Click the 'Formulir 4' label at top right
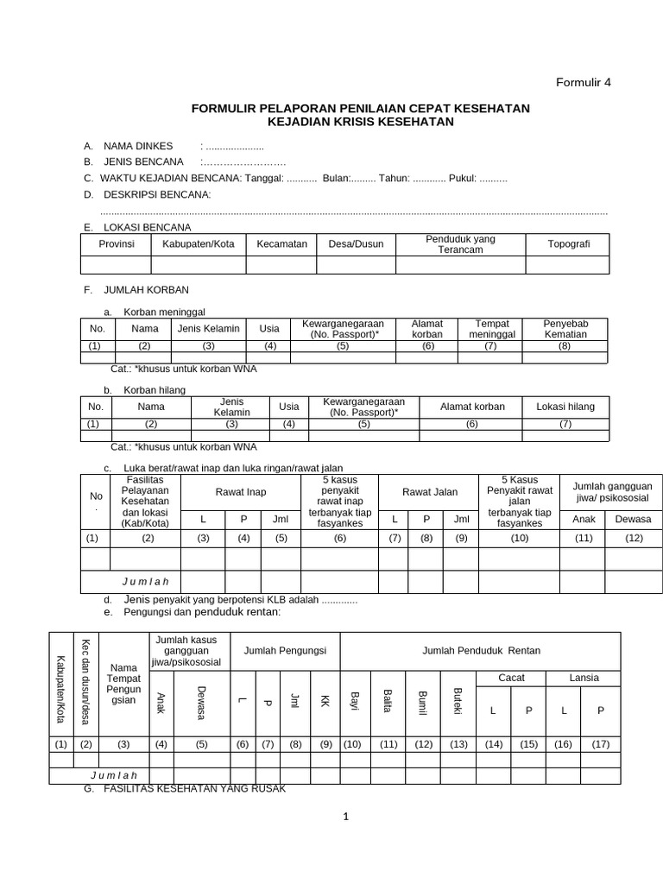(582, 83)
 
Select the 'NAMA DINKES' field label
(138, 146)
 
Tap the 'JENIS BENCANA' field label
(143, 161)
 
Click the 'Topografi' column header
(569, 244)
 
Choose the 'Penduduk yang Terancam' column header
(460, 244)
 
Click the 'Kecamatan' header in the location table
(281, 244)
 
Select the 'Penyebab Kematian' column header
(565, 329)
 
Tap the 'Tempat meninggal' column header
(491, 329)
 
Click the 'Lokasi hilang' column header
(565, 407)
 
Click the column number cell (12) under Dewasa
(633, 538)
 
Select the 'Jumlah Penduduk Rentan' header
(481, 650)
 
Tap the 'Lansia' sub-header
(584, 678)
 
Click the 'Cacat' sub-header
(512, 678)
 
